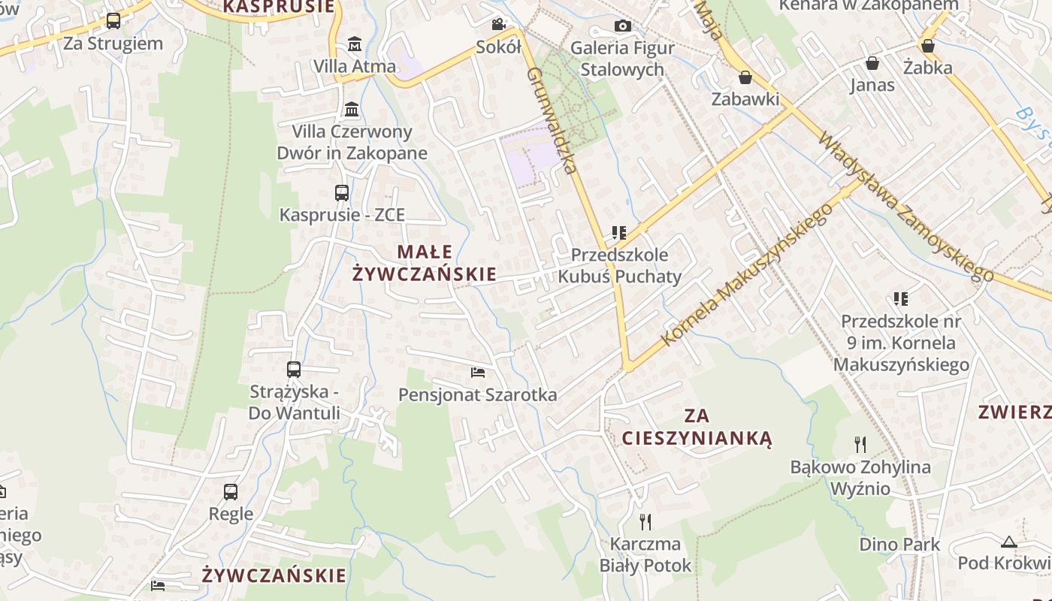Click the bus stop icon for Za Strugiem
(x=113, y=21)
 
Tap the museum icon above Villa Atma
(x=354, y=44)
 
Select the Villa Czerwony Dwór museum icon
(x=352, y=110)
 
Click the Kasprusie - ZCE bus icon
(x=342, y=192)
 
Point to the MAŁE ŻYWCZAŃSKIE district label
(x=425, y=263)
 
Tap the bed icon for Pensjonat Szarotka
(x=478, y=372)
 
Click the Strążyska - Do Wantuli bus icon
(x=294, y=370)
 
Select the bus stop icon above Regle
(x=231, y=492)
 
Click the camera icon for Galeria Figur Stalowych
(x=622, y=26)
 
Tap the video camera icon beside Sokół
(x=498, y=25)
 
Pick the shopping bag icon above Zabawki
(x=745, y=77)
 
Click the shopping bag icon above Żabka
(x=928, y=46)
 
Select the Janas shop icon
(x=872, y=63)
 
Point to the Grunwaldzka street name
(x=552, y=120)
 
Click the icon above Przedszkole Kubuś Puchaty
(x=619, y=233)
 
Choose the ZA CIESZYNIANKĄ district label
(x=697, y=427)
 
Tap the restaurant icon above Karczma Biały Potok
(x=645, y=521)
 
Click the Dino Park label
(x=899, y=544)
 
